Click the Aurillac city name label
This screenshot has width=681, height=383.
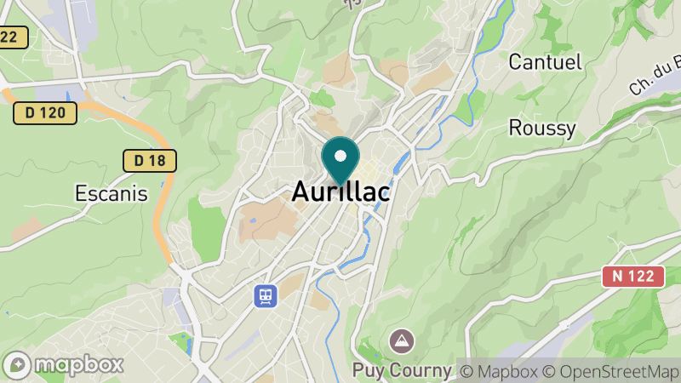(340, 192)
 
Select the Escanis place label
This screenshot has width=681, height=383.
(111, 193)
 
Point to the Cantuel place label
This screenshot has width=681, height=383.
(545, 61)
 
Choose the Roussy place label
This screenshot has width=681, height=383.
(542, 129)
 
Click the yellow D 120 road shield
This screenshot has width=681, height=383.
(45, 112)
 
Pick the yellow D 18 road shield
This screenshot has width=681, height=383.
(150, 159)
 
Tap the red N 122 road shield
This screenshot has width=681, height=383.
(632, 276)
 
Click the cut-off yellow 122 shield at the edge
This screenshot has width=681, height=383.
(13, 37)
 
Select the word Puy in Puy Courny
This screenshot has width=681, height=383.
(370, 371)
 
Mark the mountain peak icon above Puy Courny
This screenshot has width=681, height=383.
(398, 342)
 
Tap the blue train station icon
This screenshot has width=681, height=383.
(266, 295)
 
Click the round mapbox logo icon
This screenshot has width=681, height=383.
(20, 365)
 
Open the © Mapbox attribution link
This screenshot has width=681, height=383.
(501, 371)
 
